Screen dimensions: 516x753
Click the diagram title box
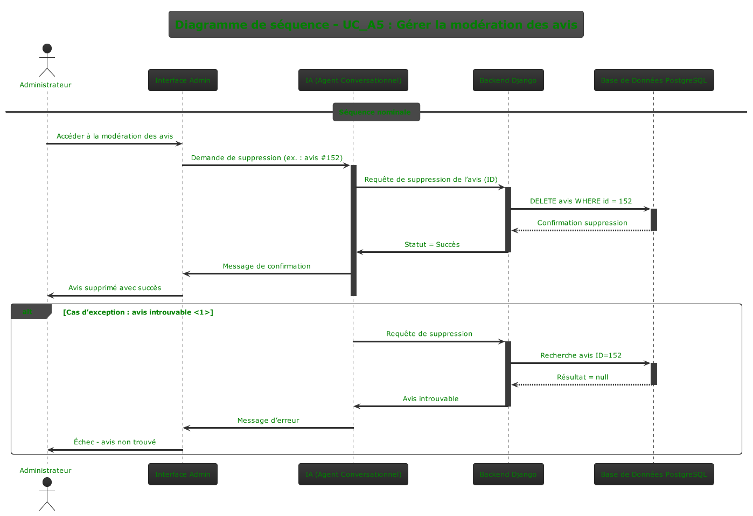[x=376, y=24]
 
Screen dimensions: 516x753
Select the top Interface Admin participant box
[x=183, y=80]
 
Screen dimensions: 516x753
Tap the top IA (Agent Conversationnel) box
[x=353, y=80]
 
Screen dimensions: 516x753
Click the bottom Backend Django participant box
[x=508, y=474]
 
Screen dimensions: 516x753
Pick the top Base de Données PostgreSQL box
[x=653, y=80]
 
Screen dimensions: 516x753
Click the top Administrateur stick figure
[x=47, y=60]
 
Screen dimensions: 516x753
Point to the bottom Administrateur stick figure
[x=47, y=493]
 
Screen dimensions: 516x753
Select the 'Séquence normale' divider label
[x=376, y=112]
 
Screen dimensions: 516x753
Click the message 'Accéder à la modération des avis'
[x=115, y=136]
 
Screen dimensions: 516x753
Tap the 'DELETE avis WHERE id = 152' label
[x=581, y=201]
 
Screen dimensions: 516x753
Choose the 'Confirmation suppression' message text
[x=582, y=223]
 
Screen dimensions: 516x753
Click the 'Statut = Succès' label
[x=432, y=244]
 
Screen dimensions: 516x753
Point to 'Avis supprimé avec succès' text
[x=115, y=288]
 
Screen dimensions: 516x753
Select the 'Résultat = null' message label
[x=582, y=377]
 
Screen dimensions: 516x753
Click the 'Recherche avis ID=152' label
[x=581, y=355]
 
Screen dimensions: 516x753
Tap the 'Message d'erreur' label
[x=268, y=421]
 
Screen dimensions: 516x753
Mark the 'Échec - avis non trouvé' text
[x=115, y=442]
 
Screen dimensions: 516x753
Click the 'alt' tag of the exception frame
[x=27, y=312]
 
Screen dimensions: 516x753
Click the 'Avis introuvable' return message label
[x=430, y=399]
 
